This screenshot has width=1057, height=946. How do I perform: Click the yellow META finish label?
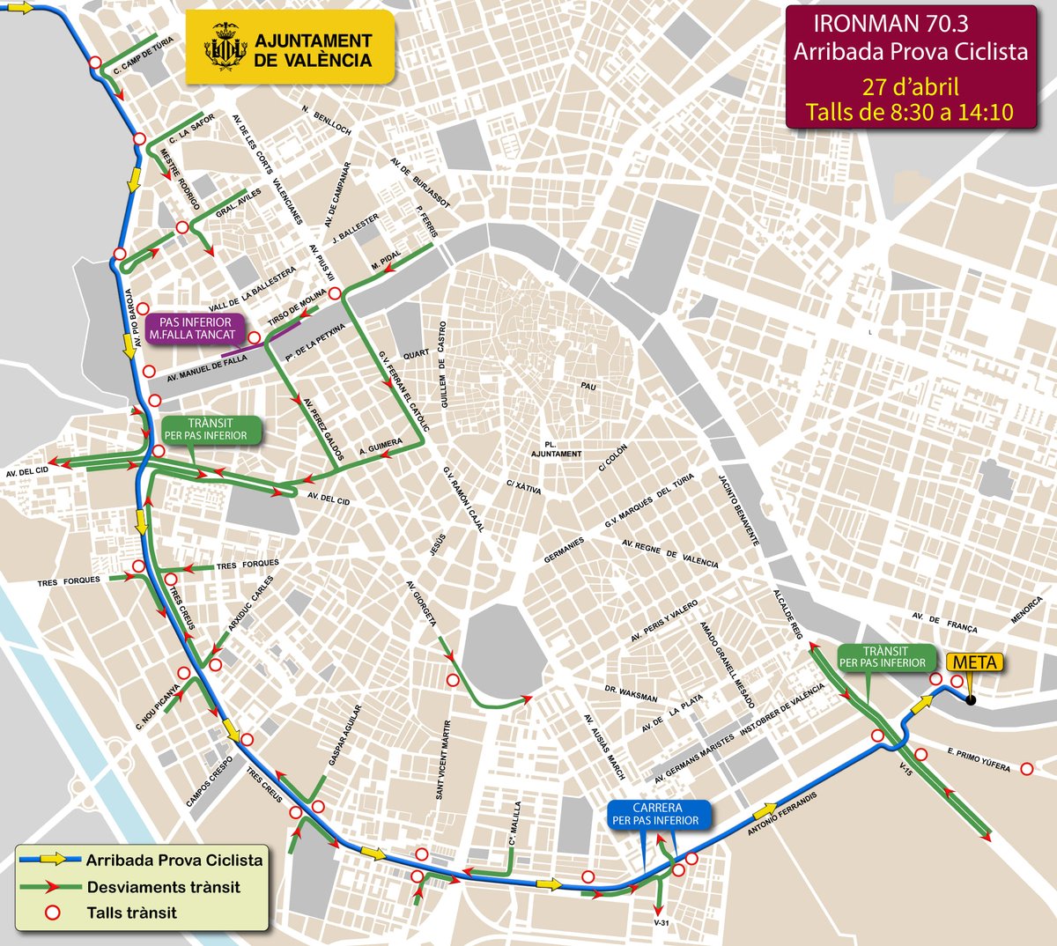click(975, 662)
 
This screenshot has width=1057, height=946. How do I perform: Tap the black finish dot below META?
click(970, 701)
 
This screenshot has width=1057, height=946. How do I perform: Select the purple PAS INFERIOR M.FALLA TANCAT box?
click(196, 329)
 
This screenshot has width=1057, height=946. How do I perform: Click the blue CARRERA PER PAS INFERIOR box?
click(656, 814)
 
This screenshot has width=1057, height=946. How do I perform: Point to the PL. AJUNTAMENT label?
click(556, 449)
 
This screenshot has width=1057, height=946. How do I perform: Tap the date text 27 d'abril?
click(910, 87)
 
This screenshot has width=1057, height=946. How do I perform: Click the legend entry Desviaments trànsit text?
click(163, 887)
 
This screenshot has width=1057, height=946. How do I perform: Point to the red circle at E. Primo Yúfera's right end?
click(1026, 769)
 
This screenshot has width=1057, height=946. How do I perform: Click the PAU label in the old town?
click(588, 386)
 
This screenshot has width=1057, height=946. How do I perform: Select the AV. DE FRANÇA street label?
click(944, 622)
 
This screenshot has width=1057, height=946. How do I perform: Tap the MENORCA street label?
click(1026, 610)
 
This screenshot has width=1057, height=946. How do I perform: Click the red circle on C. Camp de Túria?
click(94, 62)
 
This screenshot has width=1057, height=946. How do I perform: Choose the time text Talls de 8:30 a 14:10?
click(910, 112)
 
